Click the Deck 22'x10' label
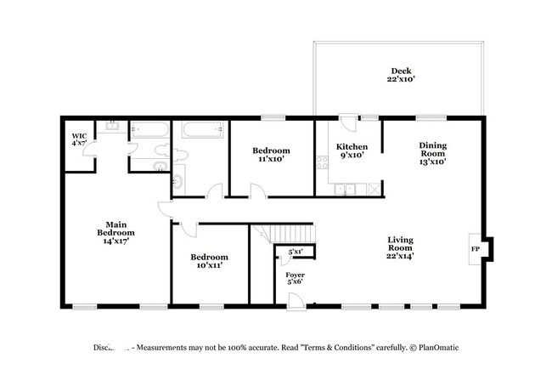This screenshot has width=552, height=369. click(399, 76)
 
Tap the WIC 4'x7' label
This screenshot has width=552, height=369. click(79, 139)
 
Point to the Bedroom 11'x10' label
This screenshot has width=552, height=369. click(271, 154)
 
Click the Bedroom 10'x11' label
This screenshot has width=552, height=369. click(208, 262)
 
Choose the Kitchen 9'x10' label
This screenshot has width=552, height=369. click(351, 150)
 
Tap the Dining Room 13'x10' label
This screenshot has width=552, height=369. click(432, 153)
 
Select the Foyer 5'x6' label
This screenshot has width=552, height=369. click(295, 280)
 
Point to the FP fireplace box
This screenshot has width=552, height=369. click(476, 248)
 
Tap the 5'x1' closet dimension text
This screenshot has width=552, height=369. click(296, 253)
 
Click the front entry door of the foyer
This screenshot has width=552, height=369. click(295, 299)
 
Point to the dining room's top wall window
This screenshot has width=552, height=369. click(431, 117)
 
